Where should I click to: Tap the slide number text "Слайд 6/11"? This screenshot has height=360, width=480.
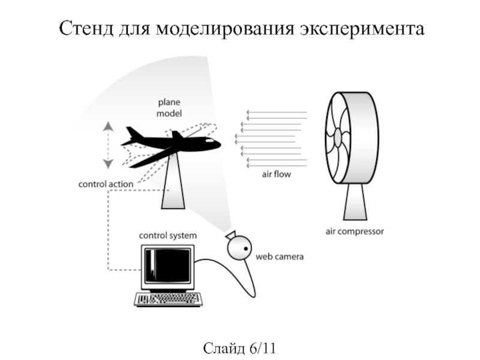[239, 347]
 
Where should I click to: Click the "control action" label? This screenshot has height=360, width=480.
[106, 184]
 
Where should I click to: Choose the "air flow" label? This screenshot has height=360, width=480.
[275, 175]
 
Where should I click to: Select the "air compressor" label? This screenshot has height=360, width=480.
[354, 230]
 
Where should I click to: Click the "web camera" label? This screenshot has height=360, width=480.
[280, 257]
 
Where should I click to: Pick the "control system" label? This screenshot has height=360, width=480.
[167, 236]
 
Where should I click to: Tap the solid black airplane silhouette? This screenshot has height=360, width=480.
[174, 143]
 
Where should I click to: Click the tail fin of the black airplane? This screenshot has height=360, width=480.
[134, 133]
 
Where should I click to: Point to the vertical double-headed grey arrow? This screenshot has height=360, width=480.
[107, 145]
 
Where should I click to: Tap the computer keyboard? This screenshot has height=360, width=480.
[167, 299]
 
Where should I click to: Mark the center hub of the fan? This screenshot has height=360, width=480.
[338, 138]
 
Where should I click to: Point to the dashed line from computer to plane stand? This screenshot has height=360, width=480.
[109, 240]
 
